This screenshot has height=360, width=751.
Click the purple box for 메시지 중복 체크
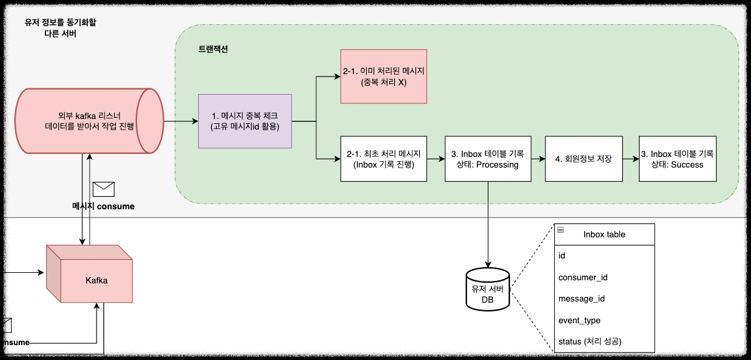(245, 121)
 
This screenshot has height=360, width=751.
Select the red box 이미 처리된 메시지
(384, 76)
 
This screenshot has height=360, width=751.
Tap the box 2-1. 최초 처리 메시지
(384, 158)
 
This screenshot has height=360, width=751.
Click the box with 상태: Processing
(488, 158)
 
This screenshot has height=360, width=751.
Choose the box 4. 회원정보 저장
(583, 158)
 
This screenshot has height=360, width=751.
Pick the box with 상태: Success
(677, 158)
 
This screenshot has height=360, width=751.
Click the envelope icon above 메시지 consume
(103, 188)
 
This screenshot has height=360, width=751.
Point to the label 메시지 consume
(103, 206)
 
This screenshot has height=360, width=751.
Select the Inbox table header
(604, 234)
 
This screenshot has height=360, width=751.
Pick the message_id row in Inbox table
(582, 298)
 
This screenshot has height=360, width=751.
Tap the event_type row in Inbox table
(579, 320)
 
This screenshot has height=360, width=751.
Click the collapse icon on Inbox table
(560, 230)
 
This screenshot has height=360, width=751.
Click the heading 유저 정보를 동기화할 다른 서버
(60, 27)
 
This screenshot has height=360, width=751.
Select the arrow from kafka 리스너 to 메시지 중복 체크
(181, 121)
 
